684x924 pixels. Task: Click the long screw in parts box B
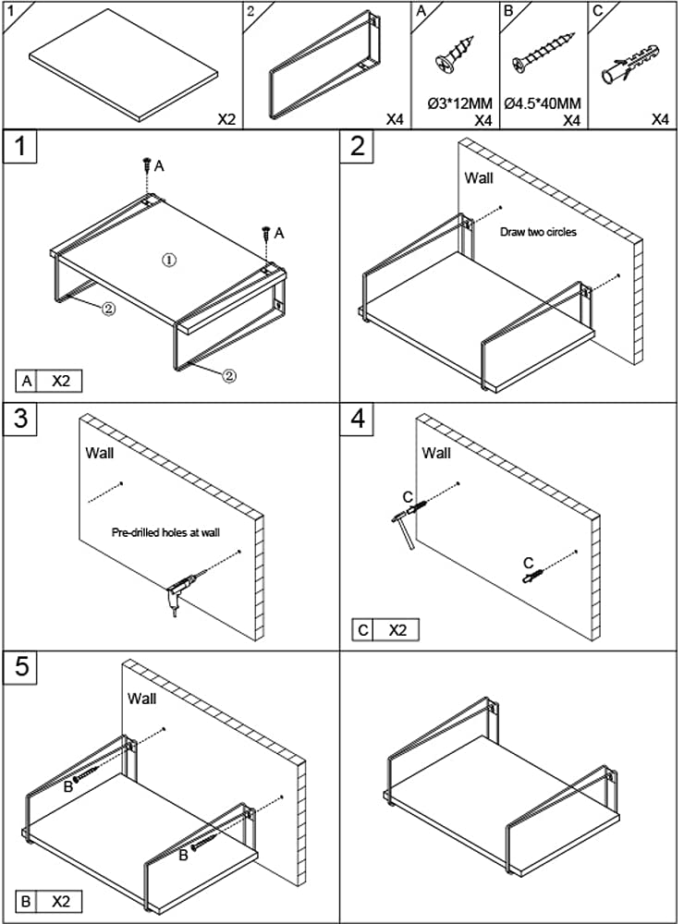[x=544, y=52]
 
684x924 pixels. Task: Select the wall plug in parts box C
[x=629, y=64]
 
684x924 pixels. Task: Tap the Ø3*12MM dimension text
[x=459, y=103]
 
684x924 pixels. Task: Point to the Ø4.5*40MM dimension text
[x=543, y=103]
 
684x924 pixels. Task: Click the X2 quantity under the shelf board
[x=226, y=119]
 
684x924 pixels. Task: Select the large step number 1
[x=20, y=146]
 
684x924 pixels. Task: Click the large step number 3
[x=20, y=419]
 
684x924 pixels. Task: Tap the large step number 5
[x=20, y=667]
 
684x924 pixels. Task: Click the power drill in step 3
[x=181, y=593]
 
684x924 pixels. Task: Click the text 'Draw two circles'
[x=538, y=232]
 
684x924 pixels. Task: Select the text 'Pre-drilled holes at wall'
[x=165, y=533]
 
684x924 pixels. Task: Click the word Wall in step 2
[x=479, y=178]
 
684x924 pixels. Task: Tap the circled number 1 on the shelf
[x=169, y=260]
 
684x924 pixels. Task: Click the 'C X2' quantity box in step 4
[x=385, y=630]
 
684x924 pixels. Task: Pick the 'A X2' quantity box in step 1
[x=49, y=382]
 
